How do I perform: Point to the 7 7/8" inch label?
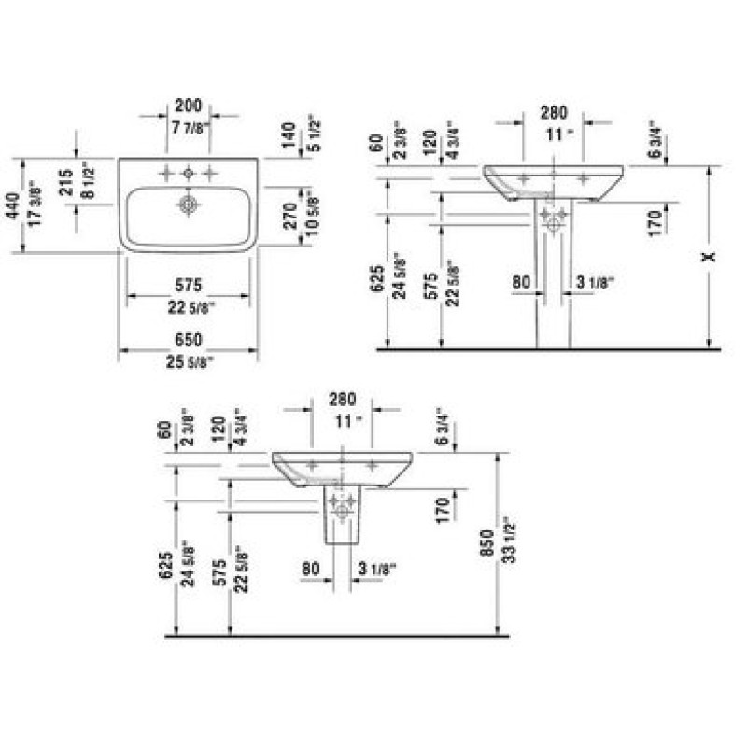click(189, 128)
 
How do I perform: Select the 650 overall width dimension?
click(189, 341)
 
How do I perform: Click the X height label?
click(712, 254)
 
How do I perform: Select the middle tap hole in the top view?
click(189, 173)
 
